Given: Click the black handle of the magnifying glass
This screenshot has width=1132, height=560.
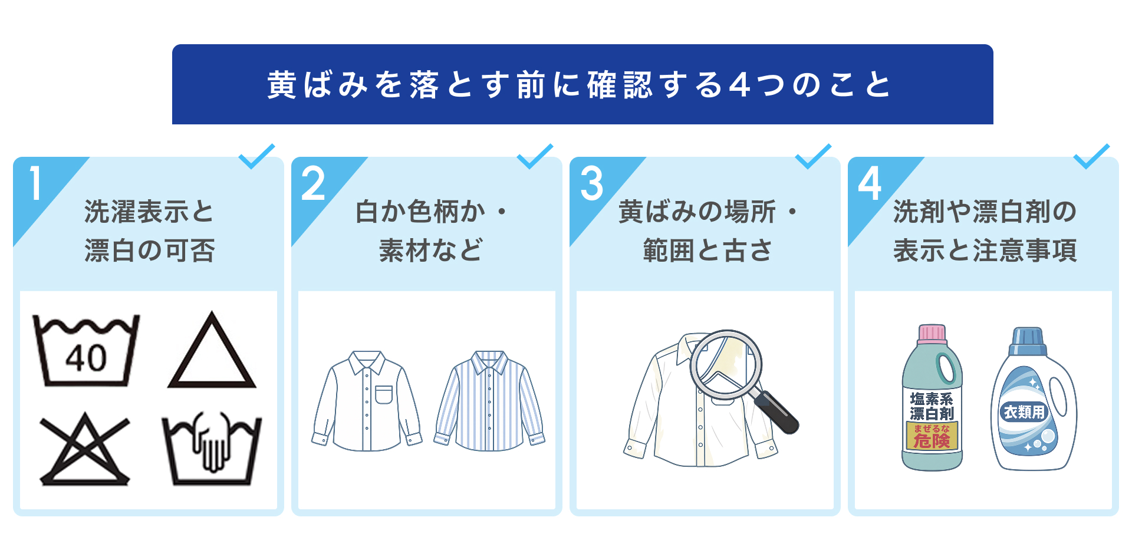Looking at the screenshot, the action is pos(776,412).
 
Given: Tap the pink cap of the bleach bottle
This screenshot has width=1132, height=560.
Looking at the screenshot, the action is pos(932,334).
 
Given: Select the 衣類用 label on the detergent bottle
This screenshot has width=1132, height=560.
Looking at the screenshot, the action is pos(1024,412).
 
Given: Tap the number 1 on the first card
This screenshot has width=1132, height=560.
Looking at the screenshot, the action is pos(35,183).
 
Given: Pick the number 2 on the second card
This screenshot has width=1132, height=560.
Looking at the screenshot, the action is pos(313,183).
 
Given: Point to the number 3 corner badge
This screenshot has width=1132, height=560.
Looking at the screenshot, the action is pos(591,183).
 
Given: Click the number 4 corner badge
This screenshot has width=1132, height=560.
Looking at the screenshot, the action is pos(870,183).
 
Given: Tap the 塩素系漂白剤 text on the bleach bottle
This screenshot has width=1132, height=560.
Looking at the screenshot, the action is pos(932,406).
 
